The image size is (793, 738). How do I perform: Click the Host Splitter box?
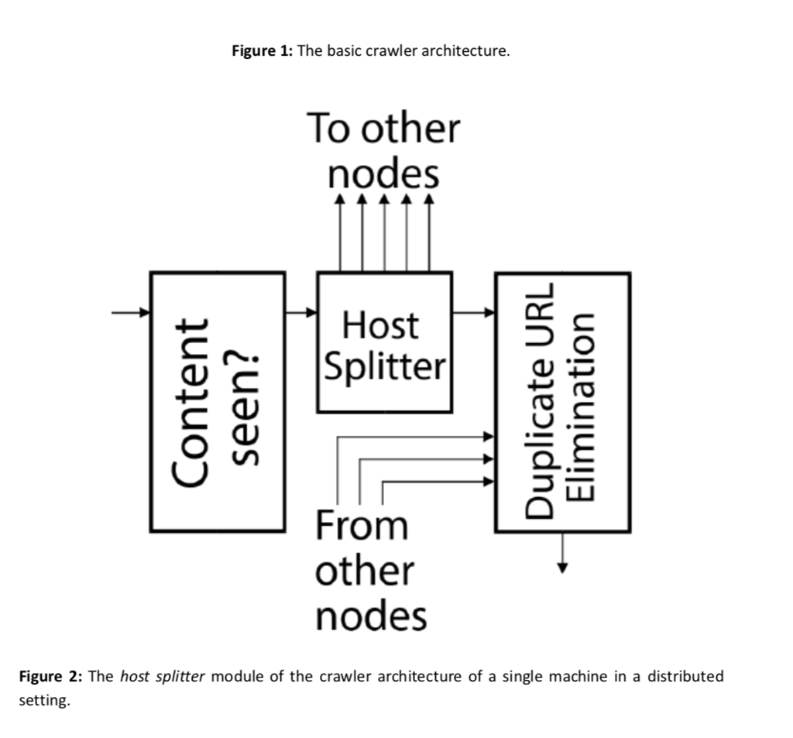pyautogui.click(x=384, y=342)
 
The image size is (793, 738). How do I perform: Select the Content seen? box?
pyautogui.click(x=218, y=402)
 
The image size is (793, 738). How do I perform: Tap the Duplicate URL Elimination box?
pyautogui.click(x=561, y=402)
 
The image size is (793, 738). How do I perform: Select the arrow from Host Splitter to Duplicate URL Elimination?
pyautogui.click(x=473, y=313)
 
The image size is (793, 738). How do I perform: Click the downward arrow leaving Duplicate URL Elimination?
pyautogui.click(x=563, y=553)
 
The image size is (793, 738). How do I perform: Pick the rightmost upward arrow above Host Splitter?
pyautogui.click(x=429, y=232)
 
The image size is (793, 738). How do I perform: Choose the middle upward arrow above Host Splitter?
pyautogui.click(x=385, y=232)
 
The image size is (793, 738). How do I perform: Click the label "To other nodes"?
pyautogui.click(x=383, y=151)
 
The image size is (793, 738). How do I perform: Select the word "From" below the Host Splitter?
pyautogui.click(x=361, y=527)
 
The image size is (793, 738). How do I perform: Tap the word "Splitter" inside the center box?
pyautogui.click(x=385, y=366)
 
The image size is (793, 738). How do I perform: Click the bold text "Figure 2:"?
pyautogui.click(x=50, y=676)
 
